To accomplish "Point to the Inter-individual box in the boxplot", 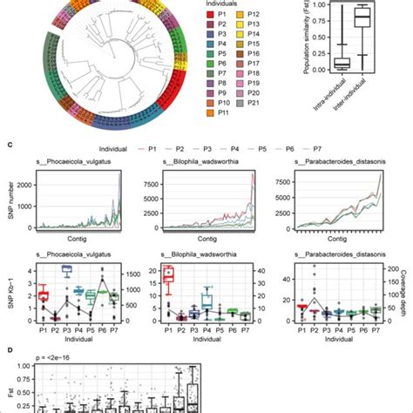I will coord(359,19).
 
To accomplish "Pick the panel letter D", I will coord(8,350).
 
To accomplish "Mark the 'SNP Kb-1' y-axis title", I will coord(9,294).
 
